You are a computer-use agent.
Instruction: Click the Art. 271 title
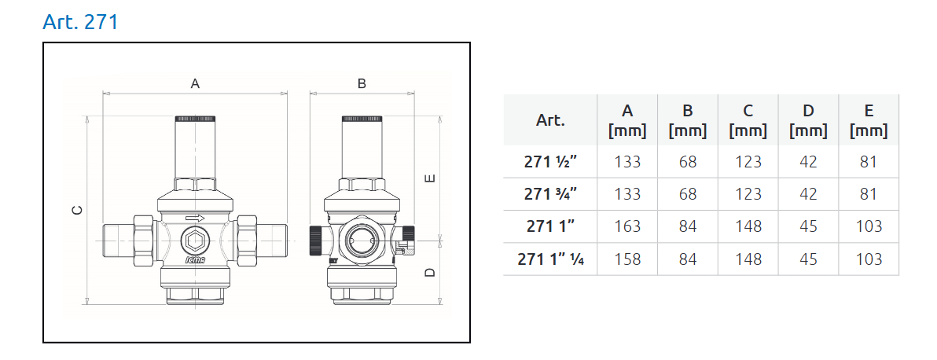[81, 21]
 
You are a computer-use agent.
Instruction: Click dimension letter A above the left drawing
[195, 84]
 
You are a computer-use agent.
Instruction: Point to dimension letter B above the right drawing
[362, 84]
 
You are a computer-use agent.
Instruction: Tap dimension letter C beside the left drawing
[77, 210]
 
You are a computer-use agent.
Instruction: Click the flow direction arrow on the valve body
[195, 219]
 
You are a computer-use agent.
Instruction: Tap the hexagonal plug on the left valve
[195, 241]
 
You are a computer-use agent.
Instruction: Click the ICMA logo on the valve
[195, 261]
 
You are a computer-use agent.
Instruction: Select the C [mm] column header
[748, 120]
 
